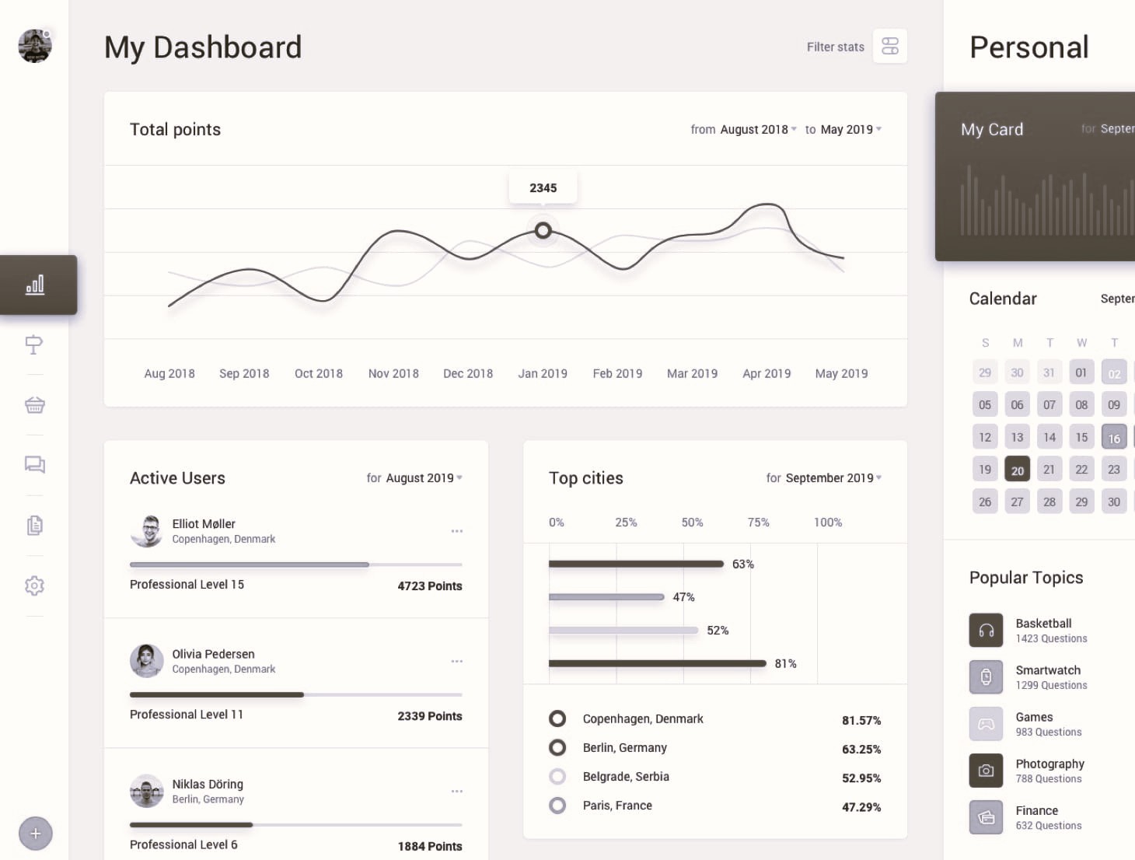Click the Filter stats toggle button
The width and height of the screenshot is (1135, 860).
[889, 46]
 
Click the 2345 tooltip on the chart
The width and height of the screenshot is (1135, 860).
[543, 187]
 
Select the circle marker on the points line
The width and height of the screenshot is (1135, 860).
[543, 231]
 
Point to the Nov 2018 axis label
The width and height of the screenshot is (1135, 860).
[393, 373]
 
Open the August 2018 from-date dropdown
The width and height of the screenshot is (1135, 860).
[758, 129]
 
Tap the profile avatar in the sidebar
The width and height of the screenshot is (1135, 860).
[35, 46]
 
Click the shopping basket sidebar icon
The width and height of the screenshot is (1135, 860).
[35, 405]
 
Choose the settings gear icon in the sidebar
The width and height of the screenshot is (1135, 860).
[35, 586]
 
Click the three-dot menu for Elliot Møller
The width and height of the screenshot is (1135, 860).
[456, 531]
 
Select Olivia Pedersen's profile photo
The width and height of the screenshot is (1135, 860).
[146, 661]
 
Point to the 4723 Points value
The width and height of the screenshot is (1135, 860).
[430, 586]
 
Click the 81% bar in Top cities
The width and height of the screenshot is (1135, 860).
[657, 663]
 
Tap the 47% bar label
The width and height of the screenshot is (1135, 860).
[683, 597]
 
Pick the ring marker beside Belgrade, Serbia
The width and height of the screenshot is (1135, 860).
[557, 776]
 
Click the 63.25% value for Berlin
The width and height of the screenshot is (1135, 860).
[861, 749]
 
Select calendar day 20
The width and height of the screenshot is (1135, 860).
[1017, 470]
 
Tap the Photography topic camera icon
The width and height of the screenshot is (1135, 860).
[986, 771]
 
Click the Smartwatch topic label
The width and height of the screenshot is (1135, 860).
[1048, 670]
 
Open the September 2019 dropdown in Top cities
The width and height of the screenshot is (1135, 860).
[833, 478]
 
